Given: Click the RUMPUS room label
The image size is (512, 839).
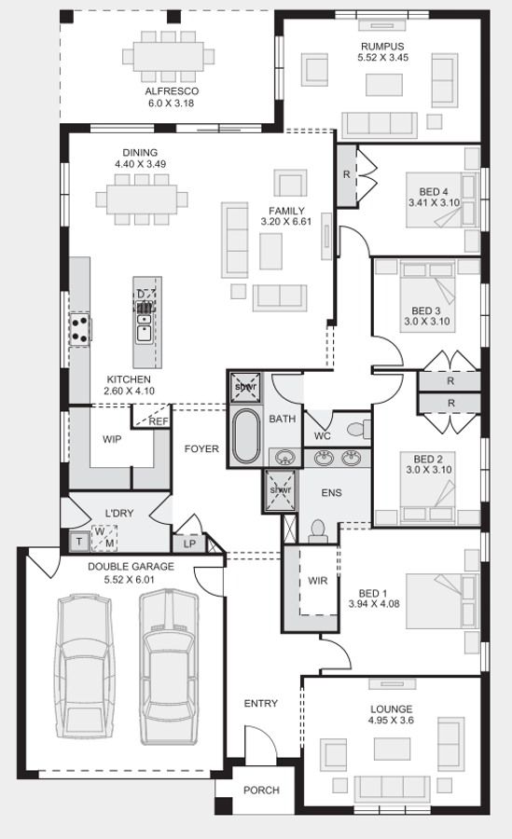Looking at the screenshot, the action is click(x=382, y=47).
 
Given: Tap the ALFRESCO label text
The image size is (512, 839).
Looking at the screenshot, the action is click(x=172, y=91).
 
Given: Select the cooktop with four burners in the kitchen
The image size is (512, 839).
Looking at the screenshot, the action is click(x=80, y=330).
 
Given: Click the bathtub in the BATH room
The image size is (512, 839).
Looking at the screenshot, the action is click(x=246, y=435).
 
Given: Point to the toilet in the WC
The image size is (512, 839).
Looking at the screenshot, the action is click(x=359, y=429).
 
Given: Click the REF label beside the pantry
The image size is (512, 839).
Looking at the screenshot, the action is click(x=158, y=421).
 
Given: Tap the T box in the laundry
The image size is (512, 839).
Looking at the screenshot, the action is click(x=79, y=542).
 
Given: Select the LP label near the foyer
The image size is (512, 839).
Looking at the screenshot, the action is click(x=189, y=543).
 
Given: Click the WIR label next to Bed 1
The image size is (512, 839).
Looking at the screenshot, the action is click(x=318, y=581).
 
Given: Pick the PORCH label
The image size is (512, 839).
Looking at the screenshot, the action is click(x=261, y=790).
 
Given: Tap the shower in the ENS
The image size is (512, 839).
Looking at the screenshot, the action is click(x=280, y=489).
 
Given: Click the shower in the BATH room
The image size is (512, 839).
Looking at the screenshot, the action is click(x=246, y=387).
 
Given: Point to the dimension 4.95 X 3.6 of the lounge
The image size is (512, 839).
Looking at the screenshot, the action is click(x=391, y=721).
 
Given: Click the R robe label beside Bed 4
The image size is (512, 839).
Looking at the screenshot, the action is click(x=347, y=174).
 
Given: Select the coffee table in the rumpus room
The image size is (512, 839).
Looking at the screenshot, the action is click(x=384, y=85).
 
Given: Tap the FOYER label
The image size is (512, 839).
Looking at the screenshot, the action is click(x=201, y=449).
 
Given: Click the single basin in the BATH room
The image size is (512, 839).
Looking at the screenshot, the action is click(x=284, y=457).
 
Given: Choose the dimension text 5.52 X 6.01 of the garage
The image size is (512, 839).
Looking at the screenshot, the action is click(x=131, y=579).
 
